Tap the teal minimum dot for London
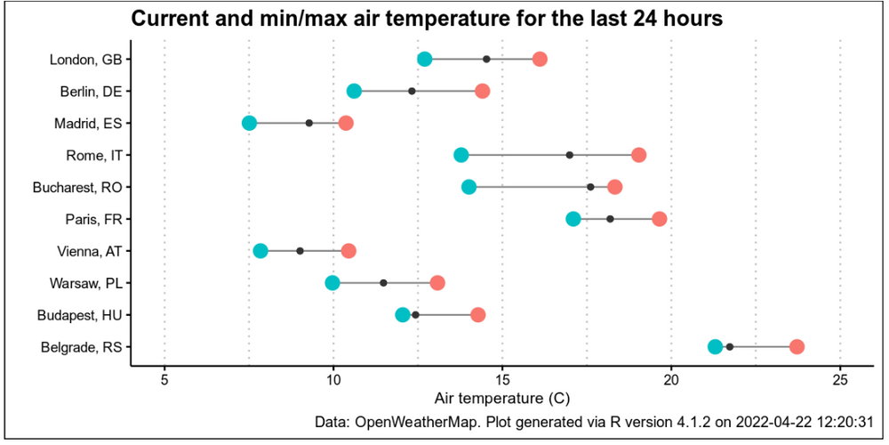click(425, 59)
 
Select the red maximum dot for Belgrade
click(797, 347)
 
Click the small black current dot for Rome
click(570, 155)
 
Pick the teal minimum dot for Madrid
click(249, 123)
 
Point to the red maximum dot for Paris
click(659, 219)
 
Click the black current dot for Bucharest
click(590, 187)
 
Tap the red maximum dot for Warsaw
click(437, 283)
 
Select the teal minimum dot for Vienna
click(260, 251)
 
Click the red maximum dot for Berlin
click(483, 91)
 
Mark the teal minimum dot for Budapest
click(403, 315)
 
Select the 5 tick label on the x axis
click(164, 379)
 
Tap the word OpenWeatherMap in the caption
click(413, 421)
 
